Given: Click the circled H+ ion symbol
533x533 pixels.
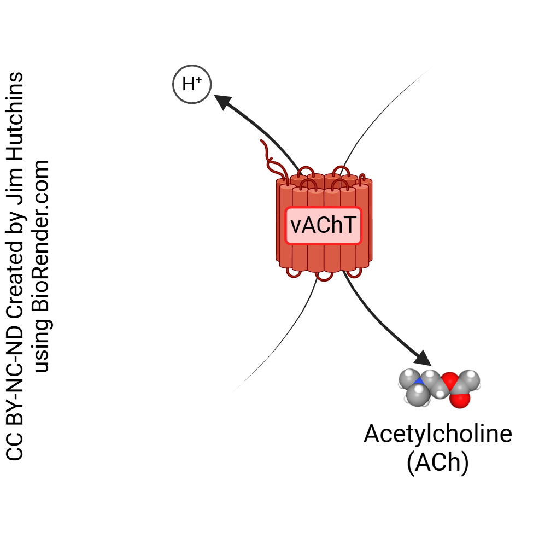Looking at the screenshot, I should [x=191, y=84].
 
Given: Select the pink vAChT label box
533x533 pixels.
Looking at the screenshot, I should [x=324, y=225].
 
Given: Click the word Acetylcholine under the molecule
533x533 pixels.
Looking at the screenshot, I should [x=438, y=434].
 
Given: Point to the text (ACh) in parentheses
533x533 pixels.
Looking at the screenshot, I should [x=438, y=462].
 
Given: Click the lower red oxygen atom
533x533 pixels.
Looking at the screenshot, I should [x=461, y=400].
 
